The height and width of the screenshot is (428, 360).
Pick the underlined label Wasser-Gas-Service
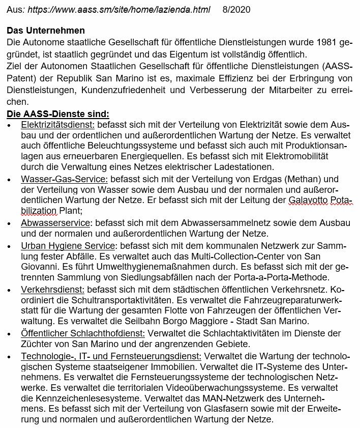pos(64,179)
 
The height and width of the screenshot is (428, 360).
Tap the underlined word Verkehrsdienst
pos(52,289)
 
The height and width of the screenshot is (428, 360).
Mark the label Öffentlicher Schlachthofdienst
pos(83,333)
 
